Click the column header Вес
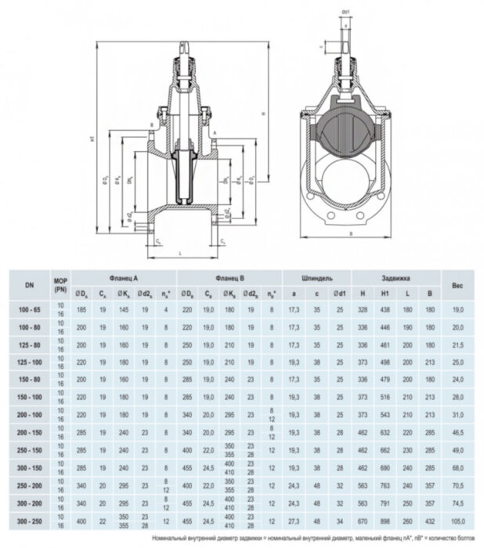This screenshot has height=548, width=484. tap(458, 287)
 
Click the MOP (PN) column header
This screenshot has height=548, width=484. tap(60, 287)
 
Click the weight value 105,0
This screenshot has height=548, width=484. tap(458, 519)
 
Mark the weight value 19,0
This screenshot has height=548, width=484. tap(458, 311)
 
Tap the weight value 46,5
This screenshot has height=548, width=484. tap(458, 432)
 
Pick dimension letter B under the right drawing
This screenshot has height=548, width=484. tap(349, 234)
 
